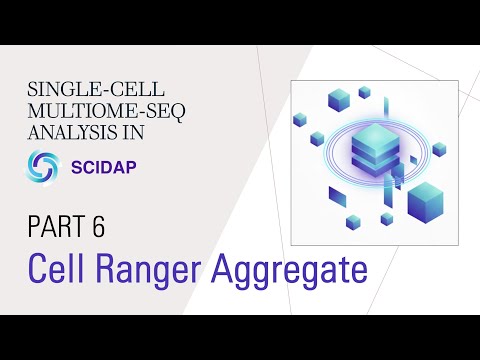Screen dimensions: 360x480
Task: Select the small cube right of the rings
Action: pyautogui.click(x=438, y=149)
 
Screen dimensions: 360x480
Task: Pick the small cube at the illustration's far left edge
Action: pyautogui.click(x=299, y=119)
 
